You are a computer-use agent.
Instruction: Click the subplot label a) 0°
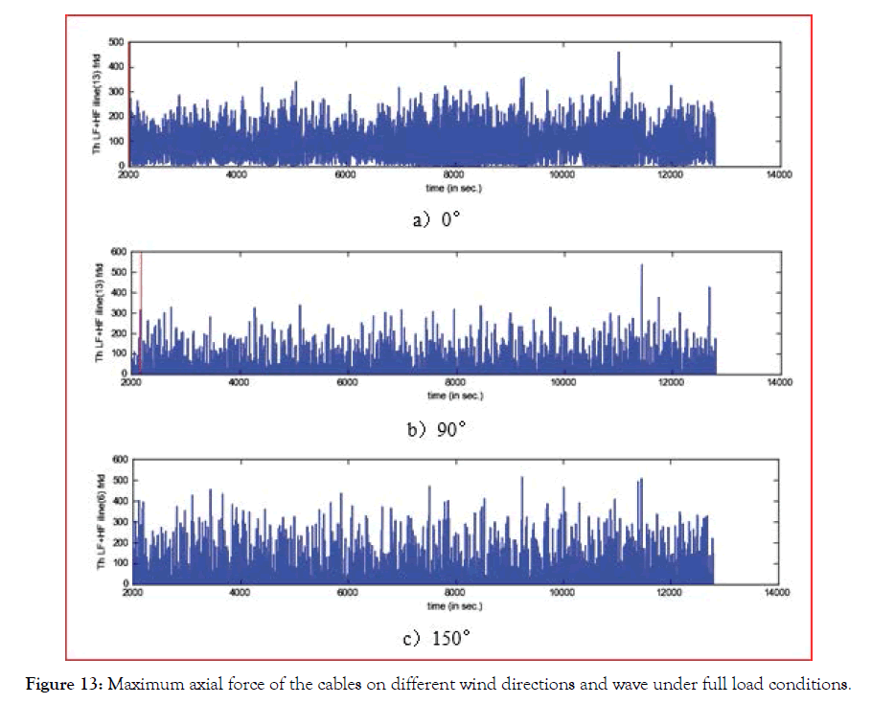click(x=438, y=219)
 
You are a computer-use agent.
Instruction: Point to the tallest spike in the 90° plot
click(x=641, y=266)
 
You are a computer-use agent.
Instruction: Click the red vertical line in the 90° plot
click(x=141, y=307)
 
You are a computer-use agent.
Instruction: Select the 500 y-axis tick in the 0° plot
click(x=117, y=42)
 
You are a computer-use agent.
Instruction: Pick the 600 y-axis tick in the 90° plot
click(x=117, y=252)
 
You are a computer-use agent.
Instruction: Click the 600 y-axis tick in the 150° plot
click(x=117, y=460)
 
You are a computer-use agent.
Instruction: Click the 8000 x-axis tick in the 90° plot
click(x=454, y=384)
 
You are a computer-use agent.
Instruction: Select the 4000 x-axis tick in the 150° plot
click(x=239, y=594)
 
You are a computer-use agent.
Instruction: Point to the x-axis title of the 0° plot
click(x=454, y=188)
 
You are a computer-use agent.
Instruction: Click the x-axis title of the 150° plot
click(x=454, y=606)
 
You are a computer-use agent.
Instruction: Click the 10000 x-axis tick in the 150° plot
click(x=560, y=594)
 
